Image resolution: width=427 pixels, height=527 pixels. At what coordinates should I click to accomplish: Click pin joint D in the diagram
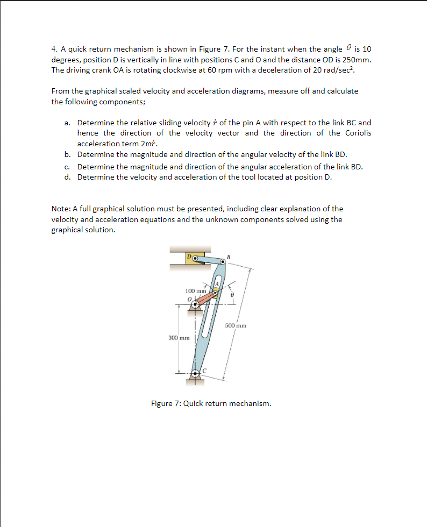(x=195, y=258)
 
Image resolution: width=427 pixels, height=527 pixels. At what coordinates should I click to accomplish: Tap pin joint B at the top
(x=223, y=262)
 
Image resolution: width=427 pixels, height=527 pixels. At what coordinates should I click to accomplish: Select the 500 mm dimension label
(x=236, y=325)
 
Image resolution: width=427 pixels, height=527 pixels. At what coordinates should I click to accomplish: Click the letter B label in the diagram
(x=228, y=257)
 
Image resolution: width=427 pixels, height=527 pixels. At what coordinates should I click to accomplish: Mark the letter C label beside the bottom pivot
(x=204, y=371)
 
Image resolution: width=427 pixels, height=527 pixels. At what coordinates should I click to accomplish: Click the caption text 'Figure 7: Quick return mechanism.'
(x=211, y=403)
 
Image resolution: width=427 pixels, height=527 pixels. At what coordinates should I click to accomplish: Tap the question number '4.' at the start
(x=55, y=48)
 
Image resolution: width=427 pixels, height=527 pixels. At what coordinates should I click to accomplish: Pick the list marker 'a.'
(x=68, y=123)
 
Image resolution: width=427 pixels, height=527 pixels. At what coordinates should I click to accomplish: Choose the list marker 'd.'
(x=68, y=177)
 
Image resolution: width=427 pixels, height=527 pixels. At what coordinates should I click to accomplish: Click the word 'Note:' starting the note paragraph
(x=61, y=209)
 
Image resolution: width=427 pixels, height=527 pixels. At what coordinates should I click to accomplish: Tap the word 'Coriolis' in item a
(x=357, y=133)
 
